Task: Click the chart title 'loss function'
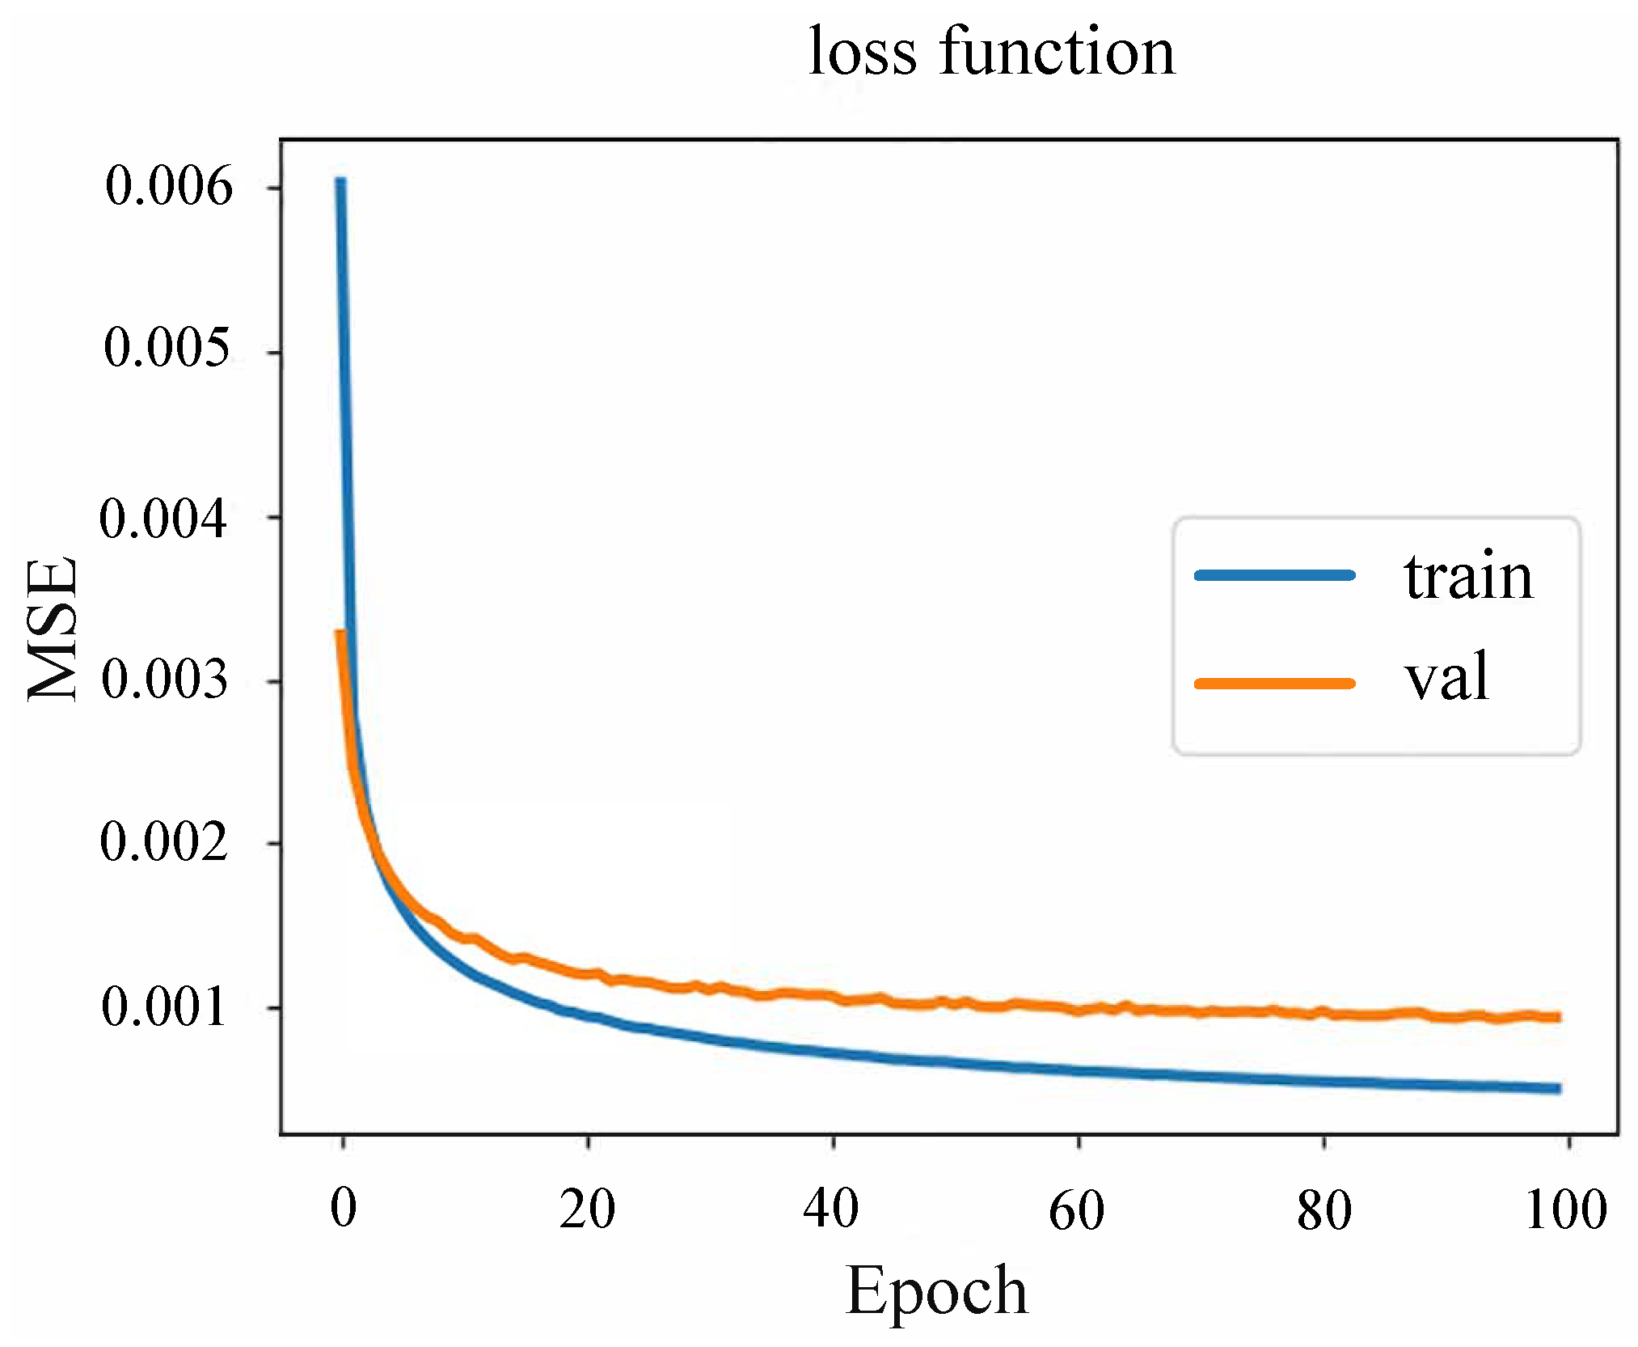pos(991,52)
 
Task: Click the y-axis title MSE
pos(53,629)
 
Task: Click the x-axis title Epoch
pos(936,1290)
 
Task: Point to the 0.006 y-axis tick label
pos(169,186)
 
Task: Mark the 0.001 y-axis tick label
pos(164,1008)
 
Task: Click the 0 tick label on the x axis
pos(344,1209)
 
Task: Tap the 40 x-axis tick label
pos(831,1210)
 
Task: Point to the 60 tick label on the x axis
pos(1076,1211)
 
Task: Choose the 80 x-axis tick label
pos(1323,1211)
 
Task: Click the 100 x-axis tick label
pos(1566,1210)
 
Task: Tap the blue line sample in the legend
pos(1275,575)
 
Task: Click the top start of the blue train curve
pos(340,181)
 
